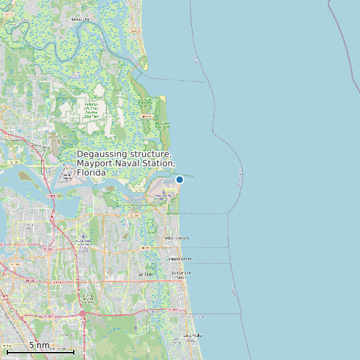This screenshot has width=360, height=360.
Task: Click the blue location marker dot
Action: (x=179, y=179)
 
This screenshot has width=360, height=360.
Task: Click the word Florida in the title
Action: (x=92, y=173)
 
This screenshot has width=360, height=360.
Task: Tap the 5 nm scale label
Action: (x=39, y=345)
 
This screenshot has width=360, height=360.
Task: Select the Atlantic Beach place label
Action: (x=177, y=238)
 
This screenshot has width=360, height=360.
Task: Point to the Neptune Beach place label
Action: (x=179, y=258)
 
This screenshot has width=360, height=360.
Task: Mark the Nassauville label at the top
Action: (x=79, y=19)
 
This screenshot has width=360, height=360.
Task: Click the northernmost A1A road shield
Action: (x=136, y=31)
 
